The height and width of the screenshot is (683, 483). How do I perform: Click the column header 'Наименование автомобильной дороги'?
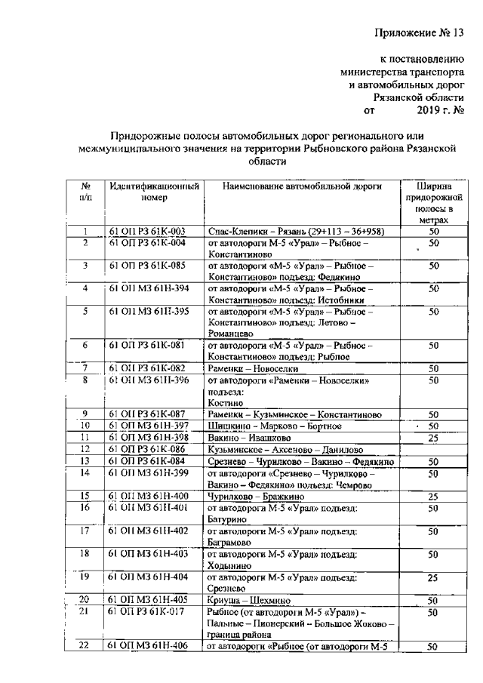[303, 186]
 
